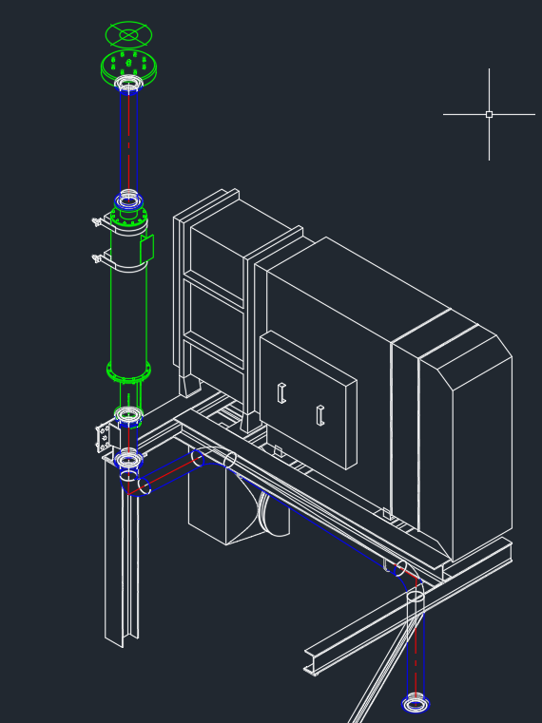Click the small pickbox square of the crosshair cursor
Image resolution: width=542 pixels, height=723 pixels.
coord(489,114)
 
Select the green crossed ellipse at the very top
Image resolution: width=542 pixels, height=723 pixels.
coord(128,35)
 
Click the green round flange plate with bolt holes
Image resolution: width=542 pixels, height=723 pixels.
coord(128,66)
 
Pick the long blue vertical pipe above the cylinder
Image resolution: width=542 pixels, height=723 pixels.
coord(128,143)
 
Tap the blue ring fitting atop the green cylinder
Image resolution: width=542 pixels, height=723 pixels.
coord(128,200)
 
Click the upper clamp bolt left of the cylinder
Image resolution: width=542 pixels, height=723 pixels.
coord(97,222)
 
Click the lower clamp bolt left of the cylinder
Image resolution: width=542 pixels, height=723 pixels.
coord(97,257)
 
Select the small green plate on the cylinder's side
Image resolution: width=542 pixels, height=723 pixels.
coord(146,248)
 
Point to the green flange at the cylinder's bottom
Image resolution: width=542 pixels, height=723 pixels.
coord(128,371)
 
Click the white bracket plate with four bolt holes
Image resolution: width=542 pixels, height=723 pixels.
coord(104,437)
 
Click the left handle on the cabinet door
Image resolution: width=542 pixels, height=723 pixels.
coord(281,392)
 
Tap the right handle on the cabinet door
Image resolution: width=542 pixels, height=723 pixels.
coord(320,415)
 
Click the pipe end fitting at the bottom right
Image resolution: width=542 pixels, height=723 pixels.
coord(416,704)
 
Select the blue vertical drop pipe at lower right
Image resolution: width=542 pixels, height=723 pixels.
coord(415,646)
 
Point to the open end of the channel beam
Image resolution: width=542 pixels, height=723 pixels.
coord(310,662)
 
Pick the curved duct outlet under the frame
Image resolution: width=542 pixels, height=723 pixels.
coord(270,514)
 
